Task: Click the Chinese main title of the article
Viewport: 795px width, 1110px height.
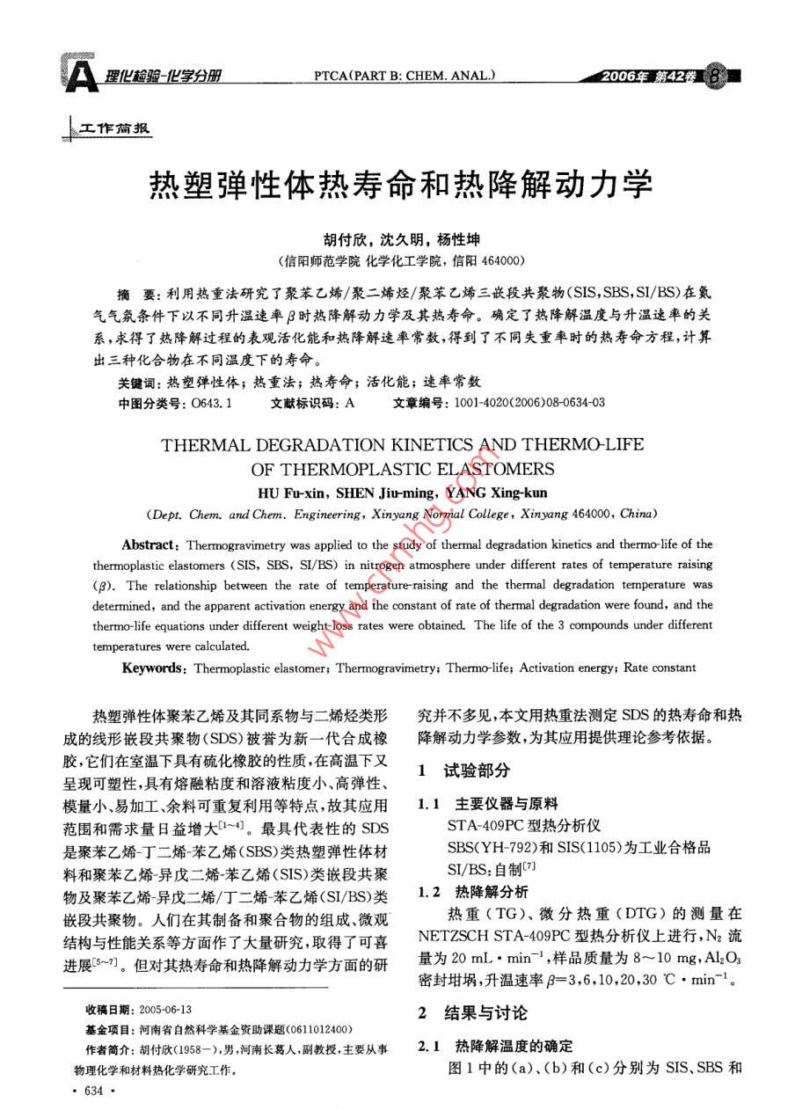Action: click(397, 185)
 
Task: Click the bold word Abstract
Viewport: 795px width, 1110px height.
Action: click(150, 544)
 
